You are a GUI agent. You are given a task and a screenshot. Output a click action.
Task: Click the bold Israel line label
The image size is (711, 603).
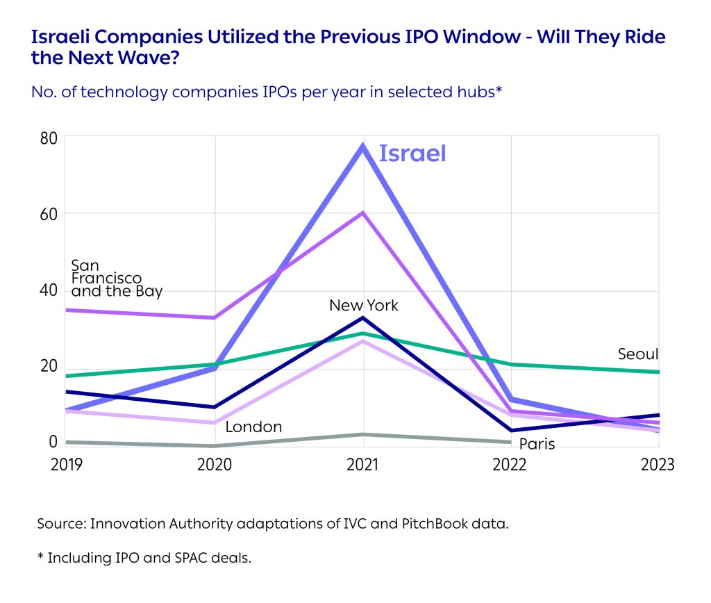412,154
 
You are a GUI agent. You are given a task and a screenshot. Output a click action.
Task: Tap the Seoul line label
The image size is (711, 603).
637,355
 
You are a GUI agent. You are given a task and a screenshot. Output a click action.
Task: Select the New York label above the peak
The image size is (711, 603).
363,306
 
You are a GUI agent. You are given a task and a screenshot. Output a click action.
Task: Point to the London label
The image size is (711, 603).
253,427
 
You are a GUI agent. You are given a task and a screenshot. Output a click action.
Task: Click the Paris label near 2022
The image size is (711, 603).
537,444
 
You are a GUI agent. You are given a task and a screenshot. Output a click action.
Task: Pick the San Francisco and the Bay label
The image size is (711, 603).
116,279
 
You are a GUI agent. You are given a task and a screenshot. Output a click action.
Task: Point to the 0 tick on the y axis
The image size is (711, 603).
52,442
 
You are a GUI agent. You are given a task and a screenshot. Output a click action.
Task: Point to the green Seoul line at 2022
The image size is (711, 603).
511,364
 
